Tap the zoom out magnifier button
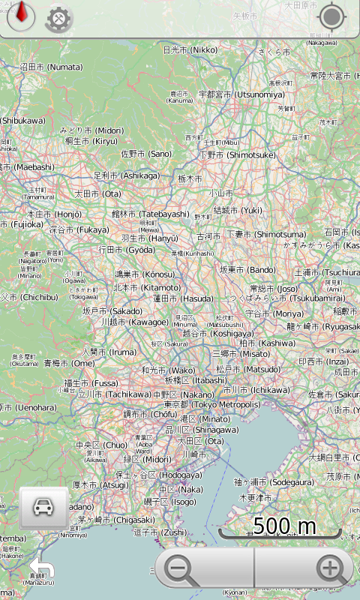click(x=180, y=569)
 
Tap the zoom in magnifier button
click(x=329, y=569)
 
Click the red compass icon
click(x=21, y=15)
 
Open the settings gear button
click(x=58, y=19)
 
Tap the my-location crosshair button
click(x=331, y=16)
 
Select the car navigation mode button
click(x=43, y=507)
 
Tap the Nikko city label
click(x=190, y=50)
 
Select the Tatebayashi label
click(x=151, y=214)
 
